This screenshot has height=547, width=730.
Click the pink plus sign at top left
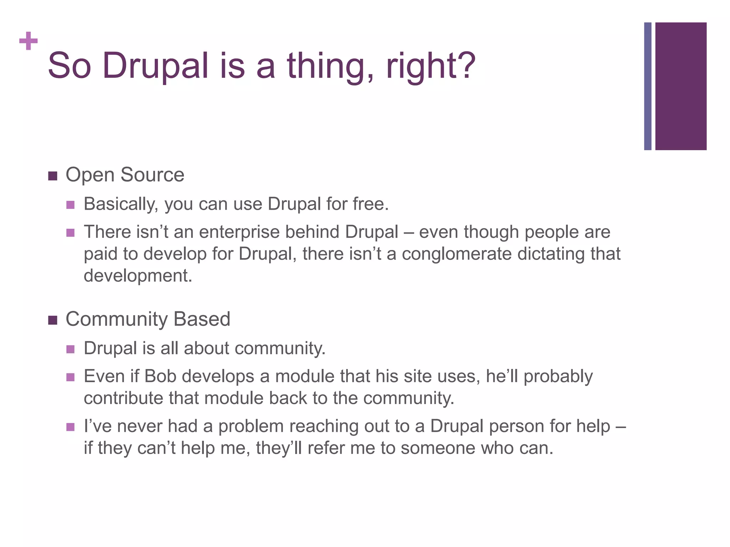(x=29, y=41)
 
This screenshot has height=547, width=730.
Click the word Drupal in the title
(x=155, y=66)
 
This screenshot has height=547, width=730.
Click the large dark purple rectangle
(x=681, y=86)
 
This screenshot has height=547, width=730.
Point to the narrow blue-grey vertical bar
(x=648, y=86)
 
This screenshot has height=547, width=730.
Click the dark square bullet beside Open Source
(x=53, y=176)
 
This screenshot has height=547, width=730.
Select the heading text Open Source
(x=125, y=175)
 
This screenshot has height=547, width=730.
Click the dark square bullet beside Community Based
(x=53, y=320)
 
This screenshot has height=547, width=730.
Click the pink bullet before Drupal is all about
(x=70, y=349)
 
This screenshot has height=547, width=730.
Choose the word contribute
(x=123, y=398)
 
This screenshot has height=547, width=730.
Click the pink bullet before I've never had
(x=70, y=427)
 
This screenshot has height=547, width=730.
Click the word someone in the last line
(x=438, y=448)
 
